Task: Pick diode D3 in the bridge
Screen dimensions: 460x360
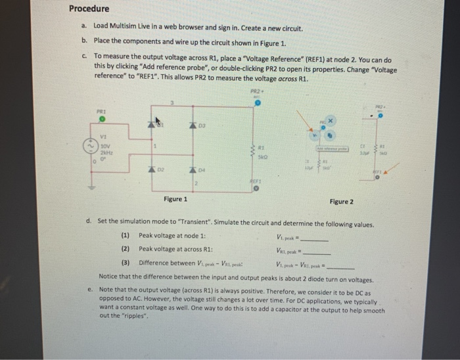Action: point(195,125)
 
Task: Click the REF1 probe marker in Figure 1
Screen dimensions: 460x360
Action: point(257,189)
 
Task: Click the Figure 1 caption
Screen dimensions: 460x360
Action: point(175,199)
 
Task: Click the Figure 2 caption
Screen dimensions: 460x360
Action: point(340,202)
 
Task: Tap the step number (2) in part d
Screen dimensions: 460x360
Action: point(126,250)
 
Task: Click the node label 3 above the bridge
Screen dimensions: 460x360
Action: point(172,103)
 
